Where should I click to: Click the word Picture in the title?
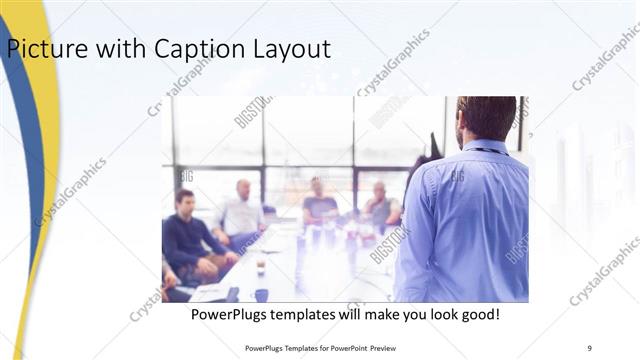pyautogui.click(x=41, y=48)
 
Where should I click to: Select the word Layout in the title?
pyautogui.click(x=291, y=48)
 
